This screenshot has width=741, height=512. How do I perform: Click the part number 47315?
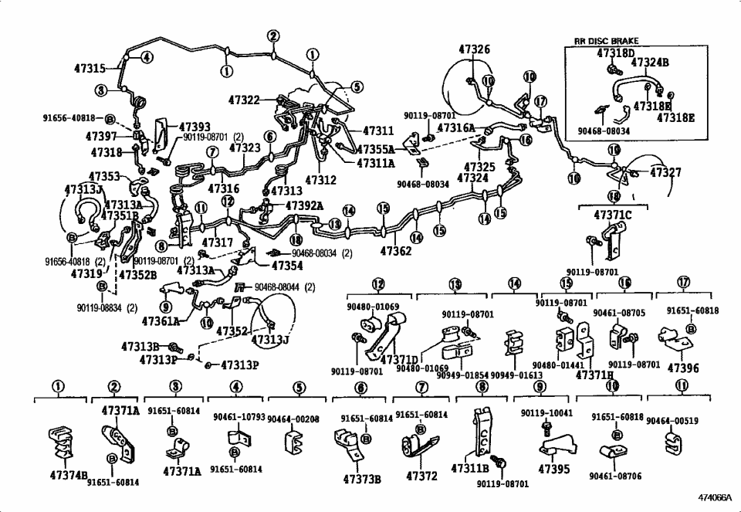click(90, 69)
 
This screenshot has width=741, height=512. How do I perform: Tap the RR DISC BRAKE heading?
click(606, 41)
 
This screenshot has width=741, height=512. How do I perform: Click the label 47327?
click(665, 173)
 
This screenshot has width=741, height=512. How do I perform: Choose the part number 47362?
click(396, 251)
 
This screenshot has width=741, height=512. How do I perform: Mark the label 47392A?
click(304, 206)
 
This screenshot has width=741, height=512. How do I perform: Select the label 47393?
click(195, 127)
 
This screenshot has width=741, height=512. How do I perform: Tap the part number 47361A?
click(160, 321)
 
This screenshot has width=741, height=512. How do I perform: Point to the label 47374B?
click(69, 476)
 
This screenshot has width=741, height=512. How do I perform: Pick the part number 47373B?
click(362, 479)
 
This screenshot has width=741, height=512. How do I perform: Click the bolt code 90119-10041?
click(546, 413)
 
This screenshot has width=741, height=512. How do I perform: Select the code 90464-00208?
click(293, 419)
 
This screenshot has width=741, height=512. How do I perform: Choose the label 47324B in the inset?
click(650, 63)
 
